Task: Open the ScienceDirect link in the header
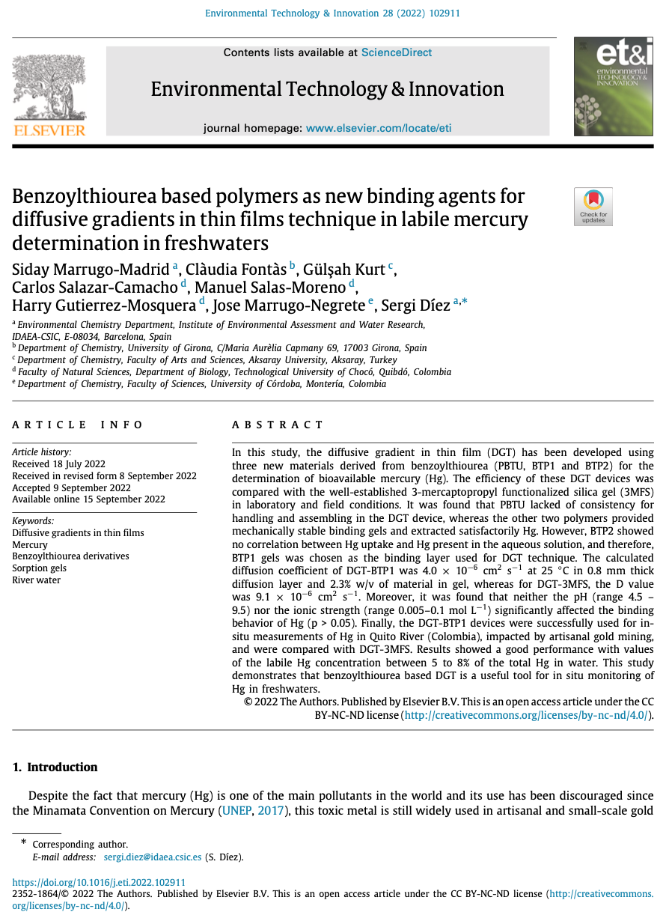click(397, 52)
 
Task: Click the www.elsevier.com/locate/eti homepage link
click(379, 128)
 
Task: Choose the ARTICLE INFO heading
click(78, 425)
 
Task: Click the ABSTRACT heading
click(278, 425)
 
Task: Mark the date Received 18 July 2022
click(59, 463)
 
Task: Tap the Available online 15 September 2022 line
click(89, 499)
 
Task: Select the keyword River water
click(37, 580)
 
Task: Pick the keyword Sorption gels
click(39, 568)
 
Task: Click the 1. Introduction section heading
click(55, 767)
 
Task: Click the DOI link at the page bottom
click(99, 883)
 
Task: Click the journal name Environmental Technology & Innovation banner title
click(327, 89)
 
